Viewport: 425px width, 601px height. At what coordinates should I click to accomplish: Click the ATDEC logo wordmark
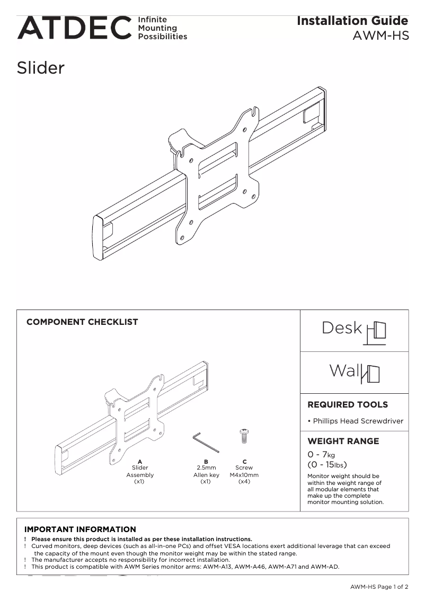(74, 28)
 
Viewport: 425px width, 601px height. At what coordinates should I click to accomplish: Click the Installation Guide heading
(352, 21)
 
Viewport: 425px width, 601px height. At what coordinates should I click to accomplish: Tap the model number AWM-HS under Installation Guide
(380, 37)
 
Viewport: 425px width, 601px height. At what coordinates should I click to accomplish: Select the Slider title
(41, 68)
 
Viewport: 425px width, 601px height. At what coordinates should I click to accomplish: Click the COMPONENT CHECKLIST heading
(82, 322)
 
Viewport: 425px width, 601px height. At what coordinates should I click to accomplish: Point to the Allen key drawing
(203, 440)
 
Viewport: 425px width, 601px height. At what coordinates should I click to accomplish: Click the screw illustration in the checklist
(244, 436)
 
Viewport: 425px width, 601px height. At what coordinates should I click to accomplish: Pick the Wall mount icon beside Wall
(371, 374)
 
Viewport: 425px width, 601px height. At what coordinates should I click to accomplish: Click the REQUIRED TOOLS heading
(348, 405)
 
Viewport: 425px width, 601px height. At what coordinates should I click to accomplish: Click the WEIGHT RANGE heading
(343, 441)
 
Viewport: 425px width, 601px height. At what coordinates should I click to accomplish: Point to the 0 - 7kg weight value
(321, 455)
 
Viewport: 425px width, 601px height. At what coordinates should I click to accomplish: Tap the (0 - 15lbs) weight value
(327, 465)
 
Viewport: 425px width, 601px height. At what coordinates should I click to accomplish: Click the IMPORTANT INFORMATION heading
(80, 529)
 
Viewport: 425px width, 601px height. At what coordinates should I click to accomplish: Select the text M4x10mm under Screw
(244, 475)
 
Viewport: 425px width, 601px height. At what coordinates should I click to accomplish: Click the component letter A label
(140, 462)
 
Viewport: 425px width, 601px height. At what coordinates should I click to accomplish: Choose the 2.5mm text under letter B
(206, 468)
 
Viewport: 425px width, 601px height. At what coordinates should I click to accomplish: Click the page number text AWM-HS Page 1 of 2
(379, 587)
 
